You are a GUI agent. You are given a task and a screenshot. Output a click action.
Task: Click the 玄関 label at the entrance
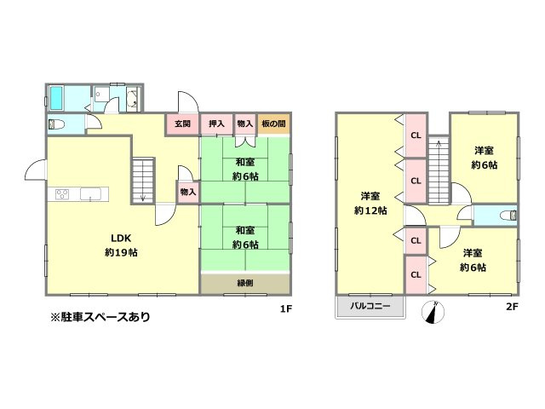(x=182, y=124)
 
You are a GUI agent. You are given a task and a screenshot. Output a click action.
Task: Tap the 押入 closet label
(x=216, y=124)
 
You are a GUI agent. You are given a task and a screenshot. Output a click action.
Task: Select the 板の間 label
(x=274, y=124)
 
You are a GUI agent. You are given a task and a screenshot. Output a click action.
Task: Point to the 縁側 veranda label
(x=244, y=283)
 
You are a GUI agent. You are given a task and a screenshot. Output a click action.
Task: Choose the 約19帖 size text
(x=122, y=252)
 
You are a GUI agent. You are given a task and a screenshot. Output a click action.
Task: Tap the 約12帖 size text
(x=370, y=210)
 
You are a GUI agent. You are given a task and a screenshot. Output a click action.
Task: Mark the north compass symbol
(x=434, y=313)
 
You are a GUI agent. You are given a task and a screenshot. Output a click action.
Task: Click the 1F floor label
(x=286, y=309)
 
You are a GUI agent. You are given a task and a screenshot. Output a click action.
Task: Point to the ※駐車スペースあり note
(x=100, y=317)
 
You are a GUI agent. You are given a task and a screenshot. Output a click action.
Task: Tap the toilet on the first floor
(x=58, y=125)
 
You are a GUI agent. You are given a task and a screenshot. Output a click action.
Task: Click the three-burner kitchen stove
(x=62, y=194)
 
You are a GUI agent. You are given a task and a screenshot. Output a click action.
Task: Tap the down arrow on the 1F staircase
(x=143, y=197)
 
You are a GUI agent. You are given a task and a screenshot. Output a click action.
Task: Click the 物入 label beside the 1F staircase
(x=188, y=193)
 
